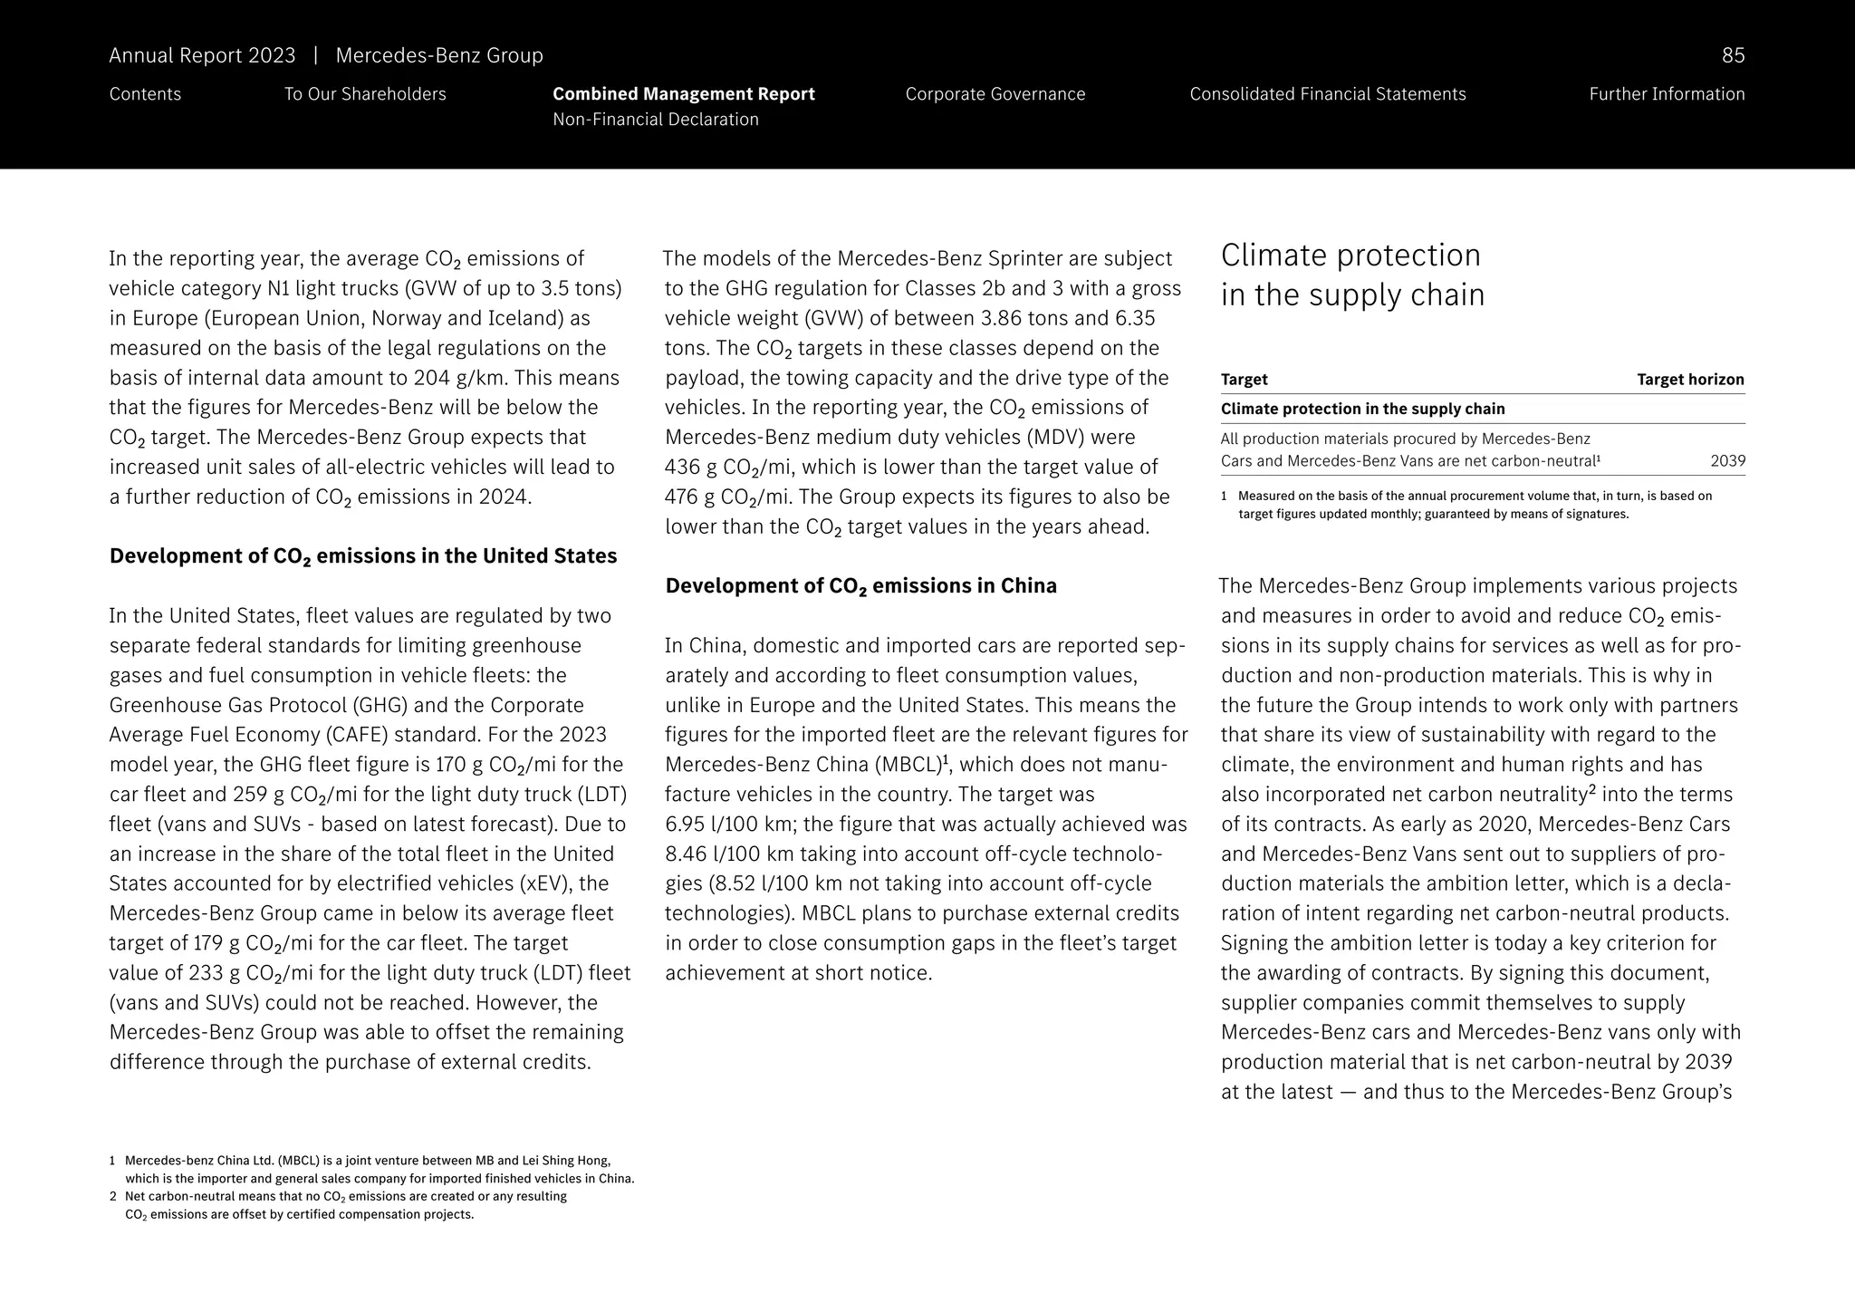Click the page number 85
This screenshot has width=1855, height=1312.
(x=1732, y=56)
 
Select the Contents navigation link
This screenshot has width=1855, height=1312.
(x=145, y=94)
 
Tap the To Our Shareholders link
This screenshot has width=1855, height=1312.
(x=365, y=94)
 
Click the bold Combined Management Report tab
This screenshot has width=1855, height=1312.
(x=683, y=94)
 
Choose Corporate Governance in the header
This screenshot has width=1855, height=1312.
(x=995, y=94)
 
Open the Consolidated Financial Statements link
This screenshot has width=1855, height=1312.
(x=1327, y=94)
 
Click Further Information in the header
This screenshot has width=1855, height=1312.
(x=1666, y=94)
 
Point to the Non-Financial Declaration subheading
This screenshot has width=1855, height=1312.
(x=655, y=120)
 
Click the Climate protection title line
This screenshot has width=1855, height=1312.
(x=1350, y=256)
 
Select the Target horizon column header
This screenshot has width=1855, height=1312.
(x=1689, y=380)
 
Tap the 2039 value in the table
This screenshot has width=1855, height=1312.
(x=1727, y=461)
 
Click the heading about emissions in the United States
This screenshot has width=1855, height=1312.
(x=362, y=556)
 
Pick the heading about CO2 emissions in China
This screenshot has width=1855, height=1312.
(x=860, y=586)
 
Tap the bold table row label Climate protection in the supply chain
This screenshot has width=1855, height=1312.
(x=1362, y=410)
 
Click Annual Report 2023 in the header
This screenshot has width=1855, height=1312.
(x=202, y=56)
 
